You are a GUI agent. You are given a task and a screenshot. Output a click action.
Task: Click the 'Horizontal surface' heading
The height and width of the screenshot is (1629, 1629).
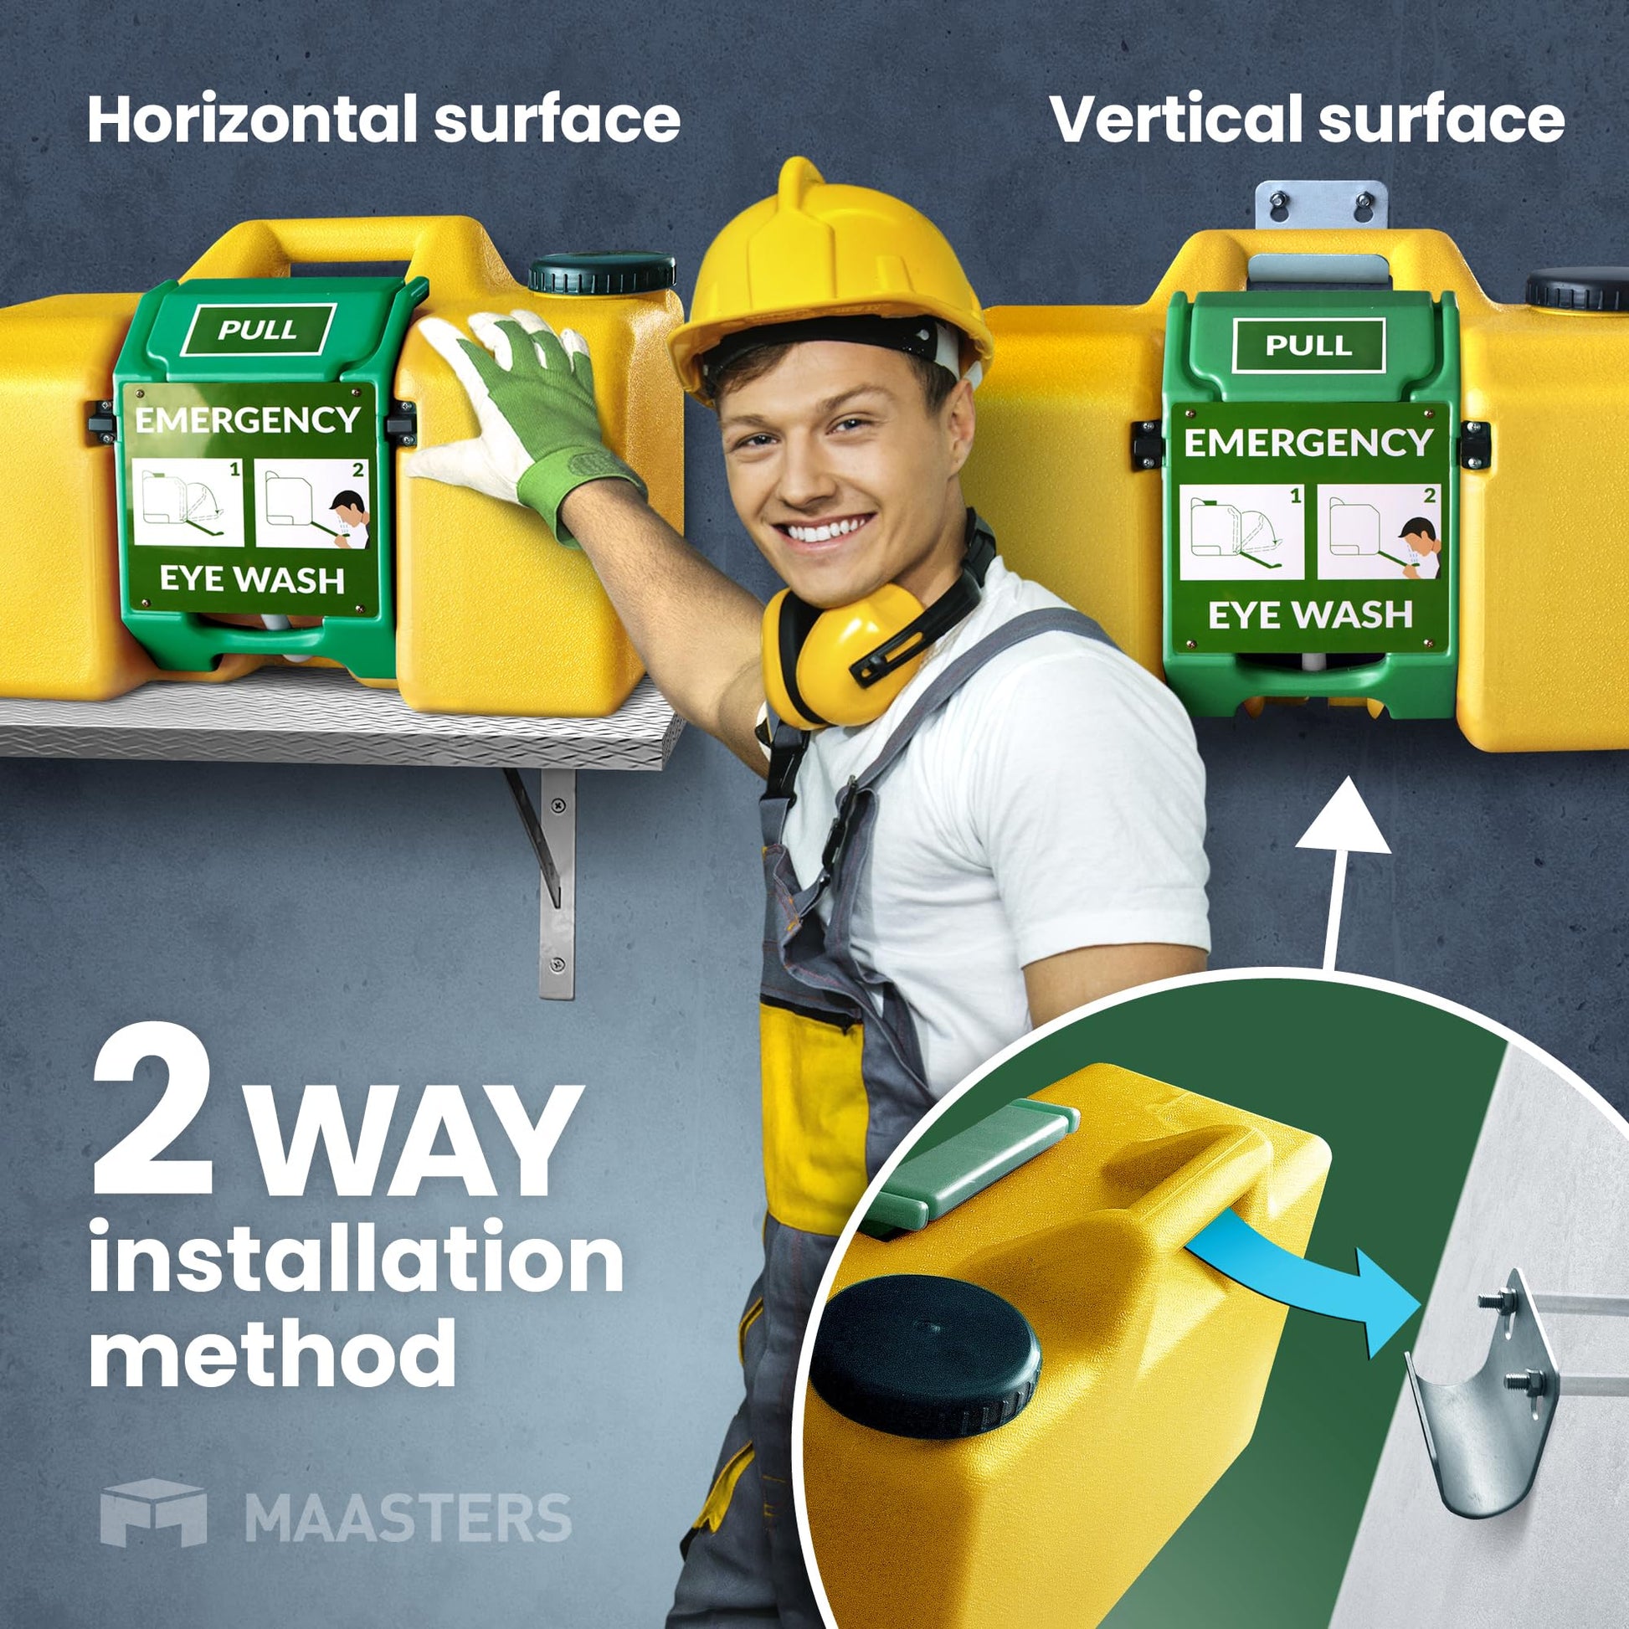[x=383, y=120]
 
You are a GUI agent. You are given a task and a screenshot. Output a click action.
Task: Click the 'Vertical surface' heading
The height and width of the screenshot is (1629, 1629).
[x=1308, y=120]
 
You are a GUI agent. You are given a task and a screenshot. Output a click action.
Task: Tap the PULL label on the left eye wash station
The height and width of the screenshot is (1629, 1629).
[x=258, y=329]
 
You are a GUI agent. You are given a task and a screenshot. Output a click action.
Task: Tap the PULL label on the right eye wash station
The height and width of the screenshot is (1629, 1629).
[x=1308, y=345]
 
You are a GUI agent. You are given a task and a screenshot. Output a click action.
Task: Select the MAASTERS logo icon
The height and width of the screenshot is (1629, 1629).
[x=152, y=1514]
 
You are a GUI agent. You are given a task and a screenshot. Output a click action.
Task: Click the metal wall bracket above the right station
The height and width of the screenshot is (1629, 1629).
[x=1320, y=206]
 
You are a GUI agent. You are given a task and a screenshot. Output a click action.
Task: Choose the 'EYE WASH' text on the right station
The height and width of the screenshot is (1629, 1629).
[x=1310, y=615]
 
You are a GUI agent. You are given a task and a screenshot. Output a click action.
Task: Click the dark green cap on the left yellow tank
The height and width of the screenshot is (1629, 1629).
[x=601, y=274]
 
